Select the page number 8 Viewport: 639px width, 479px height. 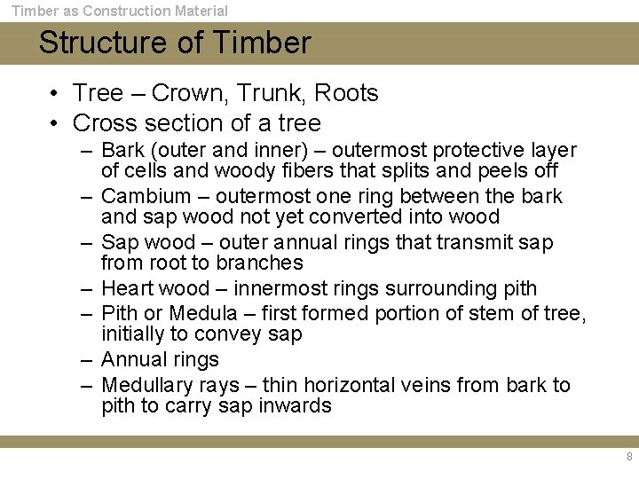[629, 457]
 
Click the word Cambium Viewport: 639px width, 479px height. [146, 196]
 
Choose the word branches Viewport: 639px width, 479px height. [259, 263]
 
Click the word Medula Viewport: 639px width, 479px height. [203, 313]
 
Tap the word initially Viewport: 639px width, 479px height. [131, 334]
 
